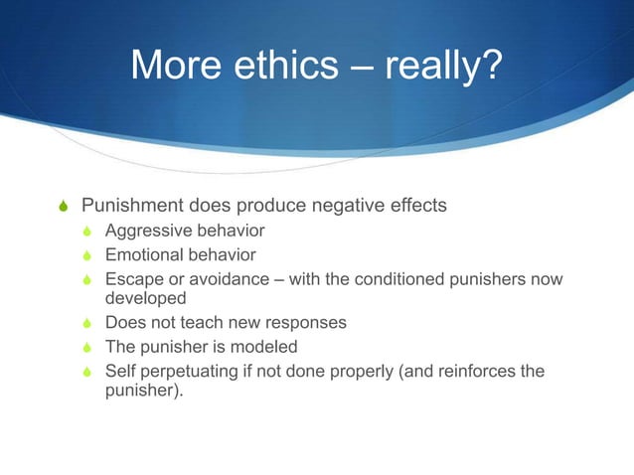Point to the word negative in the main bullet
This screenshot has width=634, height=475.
pyautogui.click(x=348, y=206)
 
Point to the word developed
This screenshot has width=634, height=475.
pyautogui.click(x=145, y=297)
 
